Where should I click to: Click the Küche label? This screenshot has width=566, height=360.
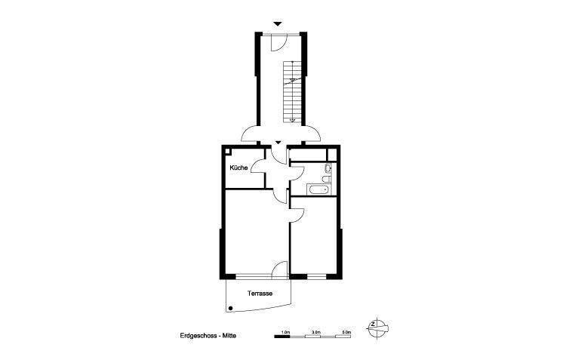(x=238, y=168)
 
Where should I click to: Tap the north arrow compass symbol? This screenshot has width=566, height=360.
(x=378, y=326)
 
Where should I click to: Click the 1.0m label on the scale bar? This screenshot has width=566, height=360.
(x=285, y=331)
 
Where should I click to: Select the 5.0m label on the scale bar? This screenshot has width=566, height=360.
(x=346, y=331)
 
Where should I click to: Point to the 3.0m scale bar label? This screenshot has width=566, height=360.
(x=316, y=331)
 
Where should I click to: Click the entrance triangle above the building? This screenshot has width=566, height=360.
(x=278, y=24)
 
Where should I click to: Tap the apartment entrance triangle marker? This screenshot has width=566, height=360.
(x=278, y=141)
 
